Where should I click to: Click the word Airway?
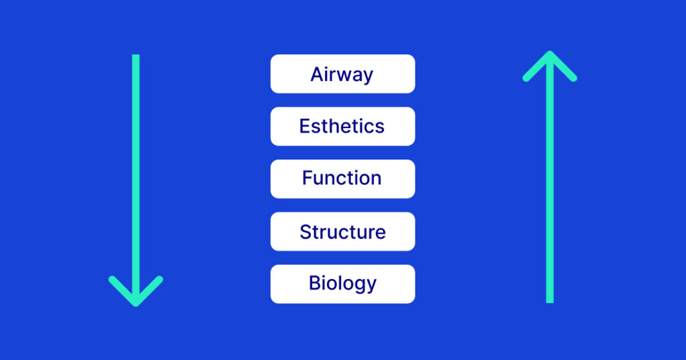coord(342,74)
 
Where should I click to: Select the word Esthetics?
coord(342,126)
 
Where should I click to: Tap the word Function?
coord(342,178)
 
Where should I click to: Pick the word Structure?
coord(342,232)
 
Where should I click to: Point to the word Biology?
coord(342,284)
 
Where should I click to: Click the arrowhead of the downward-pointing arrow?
coord(136,295)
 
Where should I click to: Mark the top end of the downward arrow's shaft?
coord(136,56)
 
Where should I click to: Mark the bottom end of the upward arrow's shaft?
coord(549,301)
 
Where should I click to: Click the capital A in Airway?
coord(317,74)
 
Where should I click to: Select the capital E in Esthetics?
coord(305,126)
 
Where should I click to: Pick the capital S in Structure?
coord(305,232)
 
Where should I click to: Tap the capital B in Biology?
coord(314,283)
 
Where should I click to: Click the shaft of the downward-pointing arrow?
coord(136,168)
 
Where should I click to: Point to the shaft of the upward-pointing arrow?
coord(549,188)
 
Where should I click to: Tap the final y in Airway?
coord(368,77)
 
